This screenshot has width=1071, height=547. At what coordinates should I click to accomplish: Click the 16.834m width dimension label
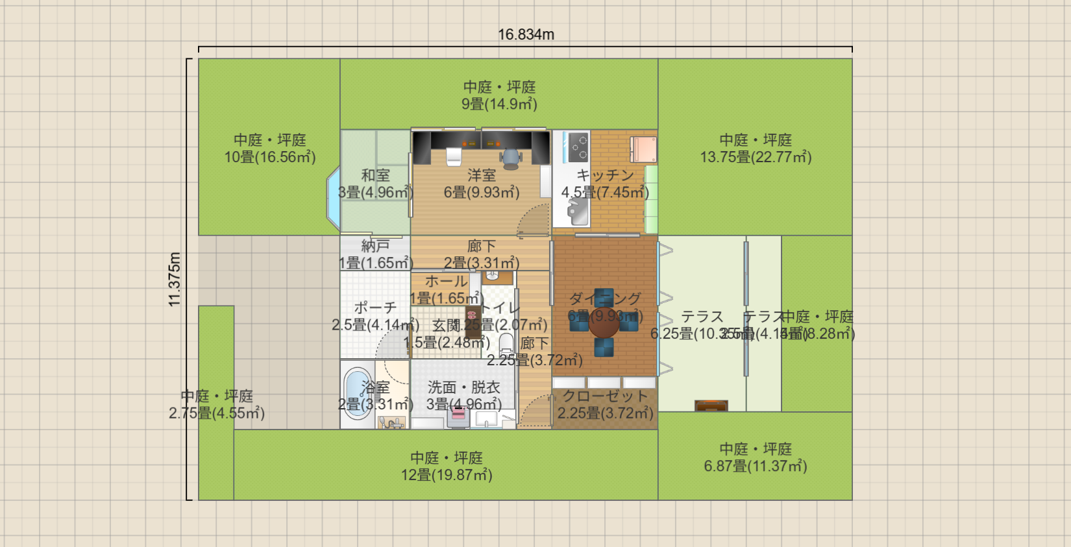pos(526,34)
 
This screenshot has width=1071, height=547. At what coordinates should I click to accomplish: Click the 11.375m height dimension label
pos(174,279)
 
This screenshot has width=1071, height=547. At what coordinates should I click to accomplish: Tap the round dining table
pos(604,324)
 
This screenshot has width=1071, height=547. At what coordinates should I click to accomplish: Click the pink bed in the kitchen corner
pos(643,149)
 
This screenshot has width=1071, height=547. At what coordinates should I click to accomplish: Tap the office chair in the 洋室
pos(511,157)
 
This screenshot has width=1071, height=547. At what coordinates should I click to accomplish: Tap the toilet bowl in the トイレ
pos(506,343)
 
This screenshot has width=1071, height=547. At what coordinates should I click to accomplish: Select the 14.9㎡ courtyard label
pos(499,104)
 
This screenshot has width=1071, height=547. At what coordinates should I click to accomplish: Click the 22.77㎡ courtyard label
pos(756,157)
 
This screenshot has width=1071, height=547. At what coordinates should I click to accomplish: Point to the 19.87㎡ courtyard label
pos(447,475)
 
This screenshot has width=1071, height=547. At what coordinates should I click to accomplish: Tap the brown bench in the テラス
pos(711,406)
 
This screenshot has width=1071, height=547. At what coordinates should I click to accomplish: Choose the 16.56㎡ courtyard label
pos(270,157)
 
